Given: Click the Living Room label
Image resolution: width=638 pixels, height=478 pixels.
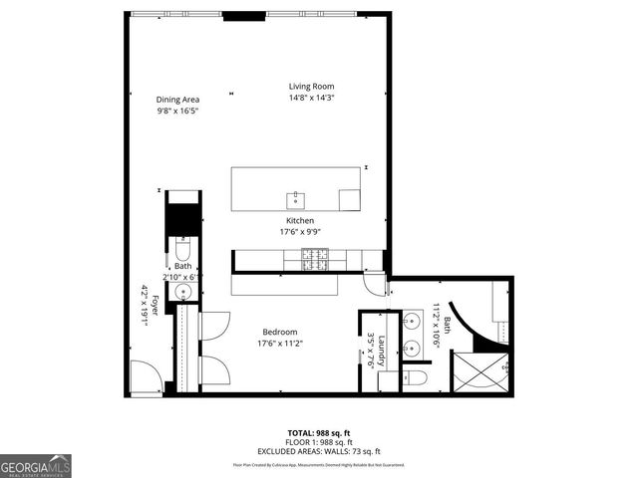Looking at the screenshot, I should (312, 87).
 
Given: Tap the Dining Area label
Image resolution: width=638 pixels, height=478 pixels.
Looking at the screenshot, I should (177, 99).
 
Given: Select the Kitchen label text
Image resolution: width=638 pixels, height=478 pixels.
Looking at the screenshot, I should (300, 220).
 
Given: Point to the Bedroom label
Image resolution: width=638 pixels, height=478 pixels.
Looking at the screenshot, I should (279, 332).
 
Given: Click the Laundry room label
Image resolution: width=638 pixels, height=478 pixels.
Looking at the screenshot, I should (381, 350).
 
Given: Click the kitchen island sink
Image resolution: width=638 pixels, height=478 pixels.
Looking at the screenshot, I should (295, 197).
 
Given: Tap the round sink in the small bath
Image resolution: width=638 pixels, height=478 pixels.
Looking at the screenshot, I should (182, 291).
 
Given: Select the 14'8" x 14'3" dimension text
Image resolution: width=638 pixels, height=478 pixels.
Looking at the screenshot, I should (312, 98).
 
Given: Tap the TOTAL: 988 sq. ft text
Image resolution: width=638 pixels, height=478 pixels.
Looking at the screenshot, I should (318, 433).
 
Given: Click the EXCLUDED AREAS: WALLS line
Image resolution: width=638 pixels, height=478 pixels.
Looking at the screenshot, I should (318, 451).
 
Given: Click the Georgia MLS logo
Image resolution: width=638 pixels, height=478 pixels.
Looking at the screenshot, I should (36, 466).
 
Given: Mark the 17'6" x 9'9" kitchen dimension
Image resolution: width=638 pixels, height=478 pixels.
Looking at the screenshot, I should (300, 231).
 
